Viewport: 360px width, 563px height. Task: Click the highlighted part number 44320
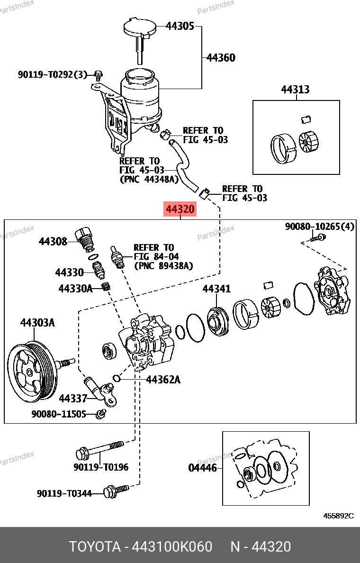click(180, 209)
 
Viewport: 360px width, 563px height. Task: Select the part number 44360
click(221, 58)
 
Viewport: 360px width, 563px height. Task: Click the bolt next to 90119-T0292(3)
click(98, 74)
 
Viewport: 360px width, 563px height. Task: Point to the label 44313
click(295, 90)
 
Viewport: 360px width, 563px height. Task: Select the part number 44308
click(53, 241)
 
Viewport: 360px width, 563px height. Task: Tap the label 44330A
click(75, 288)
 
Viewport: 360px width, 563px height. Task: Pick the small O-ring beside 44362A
click(117, 378)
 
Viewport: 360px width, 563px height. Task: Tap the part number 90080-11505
click(59, 414)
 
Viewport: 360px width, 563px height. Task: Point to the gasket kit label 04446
click(202, 468)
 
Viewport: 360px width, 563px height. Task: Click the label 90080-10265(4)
click(319, 227)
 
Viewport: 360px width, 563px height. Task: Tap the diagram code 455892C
click(338, 516)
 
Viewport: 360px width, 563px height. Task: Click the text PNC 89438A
click(163, 266)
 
